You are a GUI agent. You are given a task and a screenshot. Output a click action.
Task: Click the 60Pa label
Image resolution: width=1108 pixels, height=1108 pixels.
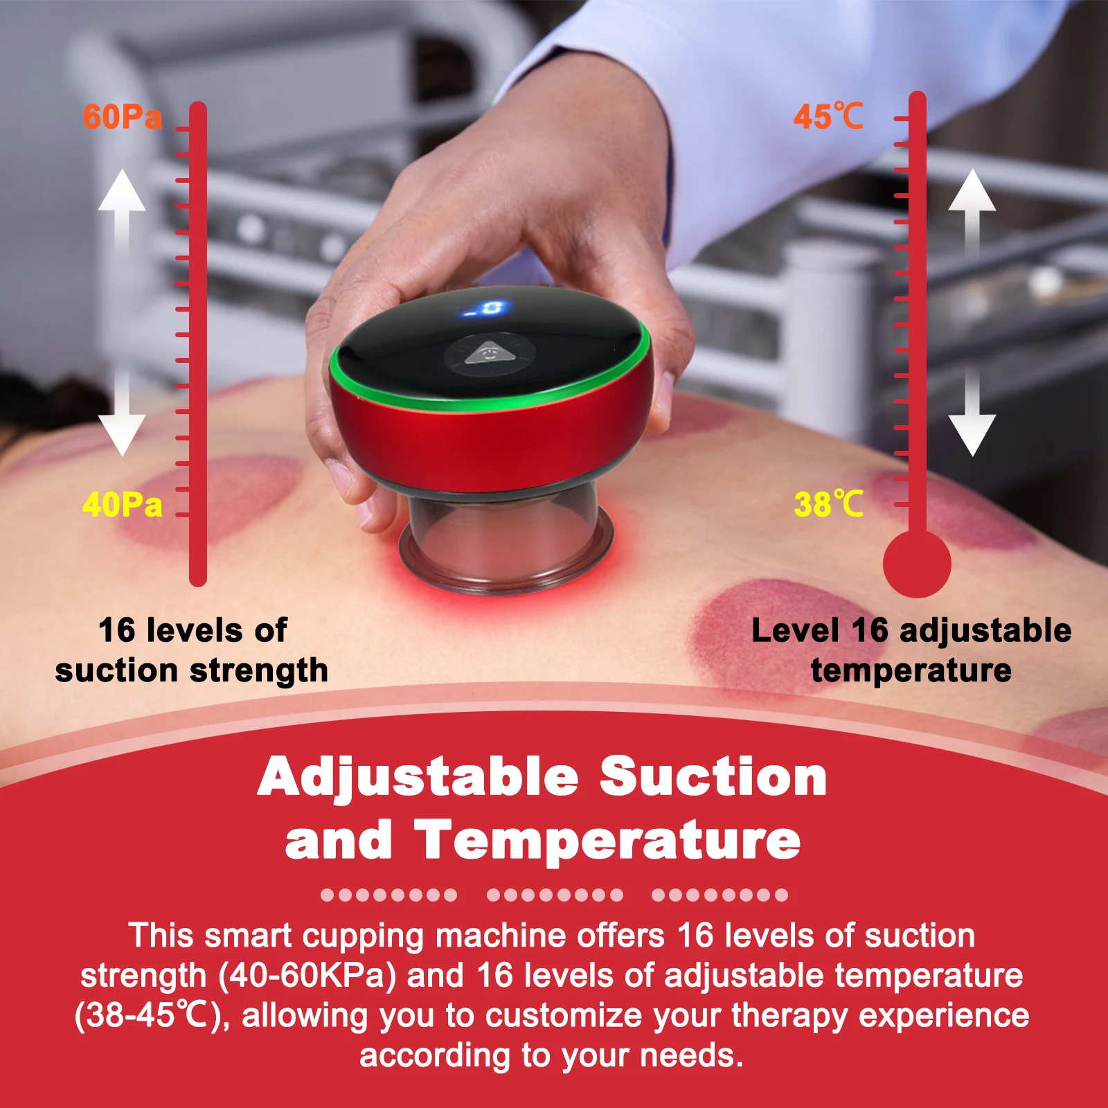pyautogui.click(x=123, y=116)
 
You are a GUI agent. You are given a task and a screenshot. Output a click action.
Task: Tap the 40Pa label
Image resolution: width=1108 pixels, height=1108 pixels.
pyautogui.click(x=123, y=504)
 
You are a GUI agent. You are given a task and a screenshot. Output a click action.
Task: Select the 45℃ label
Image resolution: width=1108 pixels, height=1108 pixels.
pyautogui.click(x=829, y=116)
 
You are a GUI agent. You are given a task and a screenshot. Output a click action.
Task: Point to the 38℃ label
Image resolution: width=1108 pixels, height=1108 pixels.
pyautogui.click(x=829, y=503)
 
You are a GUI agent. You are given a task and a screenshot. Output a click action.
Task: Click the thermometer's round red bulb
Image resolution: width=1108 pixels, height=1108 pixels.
pyautogui.click(x=917, y=564)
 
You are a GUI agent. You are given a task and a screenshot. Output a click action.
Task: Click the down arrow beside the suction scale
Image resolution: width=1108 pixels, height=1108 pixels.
pyautogui.click(x=122, y=412)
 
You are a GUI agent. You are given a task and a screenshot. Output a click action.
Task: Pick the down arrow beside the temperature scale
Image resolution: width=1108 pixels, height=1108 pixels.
pyautogui.click(x=972, y=412)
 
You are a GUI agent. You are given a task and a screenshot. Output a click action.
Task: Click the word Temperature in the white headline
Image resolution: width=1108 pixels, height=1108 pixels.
pyautogui.click(x=607, y=840)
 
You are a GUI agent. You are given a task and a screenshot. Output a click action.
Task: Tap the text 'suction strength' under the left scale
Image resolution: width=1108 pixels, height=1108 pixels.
pyautogui.click(x=192, y=670)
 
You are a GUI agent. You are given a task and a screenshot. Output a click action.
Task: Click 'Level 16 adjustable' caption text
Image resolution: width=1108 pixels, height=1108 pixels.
pyautogui.click(x=911, y=631)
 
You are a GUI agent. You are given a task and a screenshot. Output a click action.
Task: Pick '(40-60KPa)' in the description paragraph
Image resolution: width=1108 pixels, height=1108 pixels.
pyautogui.click(x=307, y=976)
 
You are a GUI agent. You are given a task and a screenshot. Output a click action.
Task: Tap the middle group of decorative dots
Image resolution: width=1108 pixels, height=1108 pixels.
pyautogui.click(x=555, y=895)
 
